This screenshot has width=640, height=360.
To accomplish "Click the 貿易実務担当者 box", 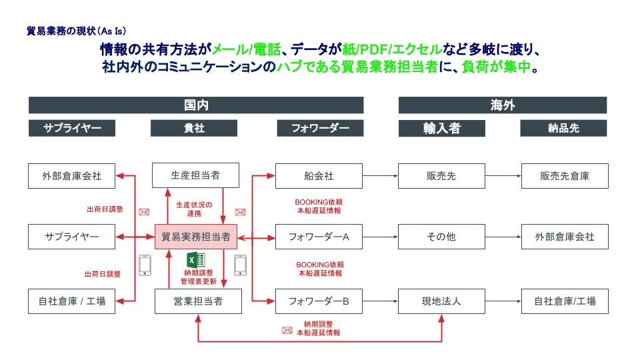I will click(x=195, y=237).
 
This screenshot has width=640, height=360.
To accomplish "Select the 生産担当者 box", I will click(x=195, y=176).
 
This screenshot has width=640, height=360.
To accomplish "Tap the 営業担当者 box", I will click(x=195, y=301).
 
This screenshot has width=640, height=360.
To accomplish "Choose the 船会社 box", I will click(x=319, y=176).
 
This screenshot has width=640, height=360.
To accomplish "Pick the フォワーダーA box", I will click(x=319, y=237).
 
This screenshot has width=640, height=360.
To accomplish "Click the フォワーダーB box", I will click(x=319, y=301).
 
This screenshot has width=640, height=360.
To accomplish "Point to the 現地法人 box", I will click(x=441, y=301).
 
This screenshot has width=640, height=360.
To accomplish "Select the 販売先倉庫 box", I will click(x=565, y=176).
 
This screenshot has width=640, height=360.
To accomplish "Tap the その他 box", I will click(x=441, y=237).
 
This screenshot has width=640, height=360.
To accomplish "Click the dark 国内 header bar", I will click(x=195, y=105).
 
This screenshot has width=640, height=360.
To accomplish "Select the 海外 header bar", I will click(x=503, y=105).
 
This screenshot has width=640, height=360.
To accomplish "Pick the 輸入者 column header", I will click(x=441, y=128).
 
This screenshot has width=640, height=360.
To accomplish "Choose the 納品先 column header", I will click(x=565, y=128).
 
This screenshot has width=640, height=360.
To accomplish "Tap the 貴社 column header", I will click(x=195, y=128).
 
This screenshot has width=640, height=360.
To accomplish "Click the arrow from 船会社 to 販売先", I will click(x=380, y=176).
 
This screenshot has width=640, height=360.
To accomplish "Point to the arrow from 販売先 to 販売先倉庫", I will click(x=503, y=176).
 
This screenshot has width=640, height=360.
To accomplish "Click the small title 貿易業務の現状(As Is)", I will click(x=75, y=31).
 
